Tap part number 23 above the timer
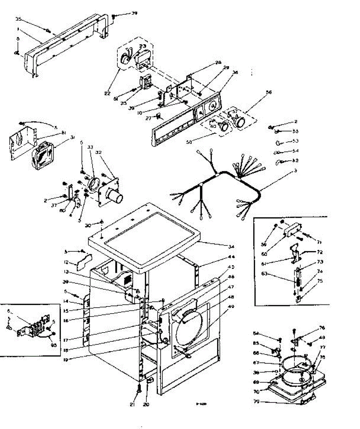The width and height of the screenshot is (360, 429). coord(142,46)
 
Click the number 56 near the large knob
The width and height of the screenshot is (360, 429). coord(269,92)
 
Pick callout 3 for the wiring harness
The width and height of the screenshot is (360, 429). coord(295,171)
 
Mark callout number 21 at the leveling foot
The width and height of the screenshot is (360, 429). coord(132,405)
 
